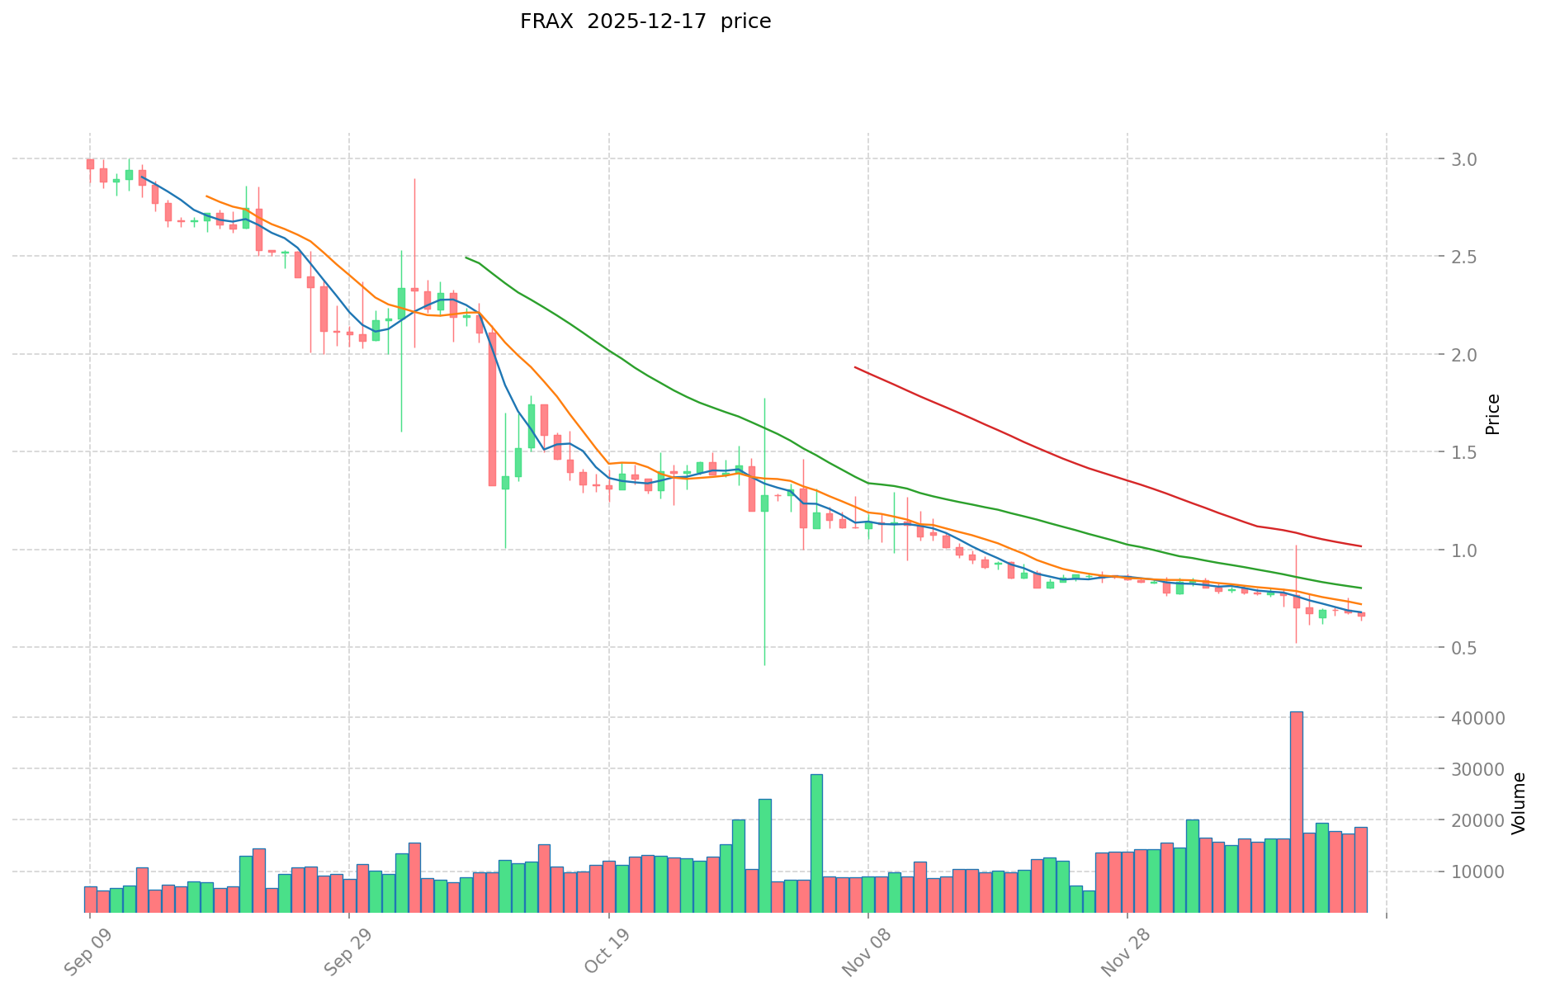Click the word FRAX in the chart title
pos(546,21)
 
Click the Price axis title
pos(1492,414)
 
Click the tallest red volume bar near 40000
pos(1296,813)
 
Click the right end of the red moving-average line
pos(1360,546)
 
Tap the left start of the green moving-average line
pos(466,257)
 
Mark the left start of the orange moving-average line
pos(206,196)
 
